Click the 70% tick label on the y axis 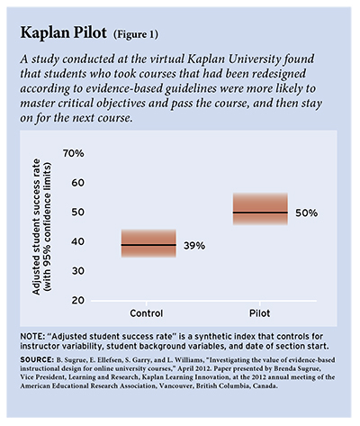(74, 154)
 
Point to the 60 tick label (77, 183)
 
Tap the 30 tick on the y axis (77, 271)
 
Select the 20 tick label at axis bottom (77, 300)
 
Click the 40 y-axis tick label (77, 241)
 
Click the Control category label (147, 313)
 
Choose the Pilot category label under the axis (260, 313)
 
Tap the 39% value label (194, 246)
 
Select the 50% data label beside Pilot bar (306, 213)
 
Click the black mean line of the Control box (148, 245)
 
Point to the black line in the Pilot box (260, 213)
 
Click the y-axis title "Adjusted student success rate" (36, 227)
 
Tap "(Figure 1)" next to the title (136, 34)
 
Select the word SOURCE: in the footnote (37, 359)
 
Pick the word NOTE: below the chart (31, 336)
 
